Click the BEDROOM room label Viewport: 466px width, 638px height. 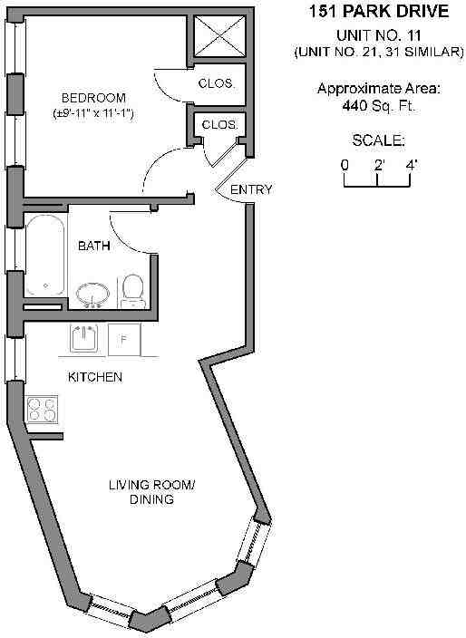[x=93, y=98]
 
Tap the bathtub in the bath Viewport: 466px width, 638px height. [x=45, y=256]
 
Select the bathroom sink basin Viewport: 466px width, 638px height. [x=92, y=294]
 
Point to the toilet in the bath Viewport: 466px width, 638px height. [x=132, y=291]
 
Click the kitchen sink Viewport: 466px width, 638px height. [x=83, y=339]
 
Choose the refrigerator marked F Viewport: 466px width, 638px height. [x=124, y=340]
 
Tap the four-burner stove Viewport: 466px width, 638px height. [x=42, y=410]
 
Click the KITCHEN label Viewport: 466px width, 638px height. [x=95, y=377]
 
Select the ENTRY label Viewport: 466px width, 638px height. [x=251, y=189]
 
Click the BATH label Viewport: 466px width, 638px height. [x=94, y=246]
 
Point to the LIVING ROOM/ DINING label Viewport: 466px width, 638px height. [x=151, y=492]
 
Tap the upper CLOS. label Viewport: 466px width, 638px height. [x=217, y=83]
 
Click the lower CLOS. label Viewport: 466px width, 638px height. [x=219, y=124]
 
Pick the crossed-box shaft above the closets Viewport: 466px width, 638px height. [x=219, y=36]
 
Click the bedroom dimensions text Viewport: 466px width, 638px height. [x=93, y=113]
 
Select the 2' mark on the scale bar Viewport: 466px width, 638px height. [x=379, y=165]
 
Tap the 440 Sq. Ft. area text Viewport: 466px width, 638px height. [x=378, y=106]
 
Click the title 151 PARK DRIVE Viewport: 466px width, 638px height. [x=379, y=12]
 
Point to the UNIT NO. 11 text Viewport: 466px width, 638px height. [x=378, y=36]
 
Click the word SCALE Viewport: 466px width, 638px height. [x=378, y=140]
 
